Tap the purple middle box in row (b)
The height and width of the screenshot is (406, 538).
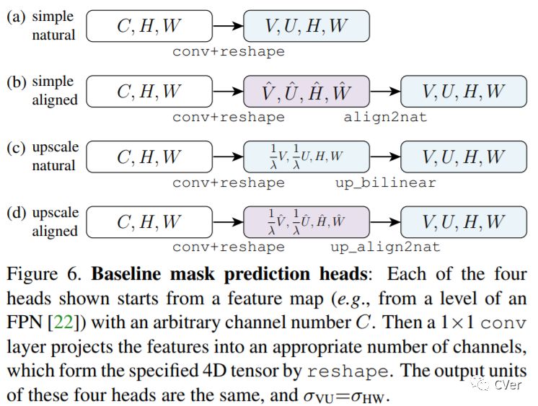(x=307, y=92)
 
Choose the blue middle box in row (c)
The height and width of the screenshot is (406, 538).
(x=307, y=157)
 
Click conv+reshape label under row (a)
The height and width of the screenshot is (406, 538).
(x=228, y=52)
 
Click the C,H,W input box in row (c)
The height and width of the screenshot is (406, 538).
(x=149, y=157)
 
